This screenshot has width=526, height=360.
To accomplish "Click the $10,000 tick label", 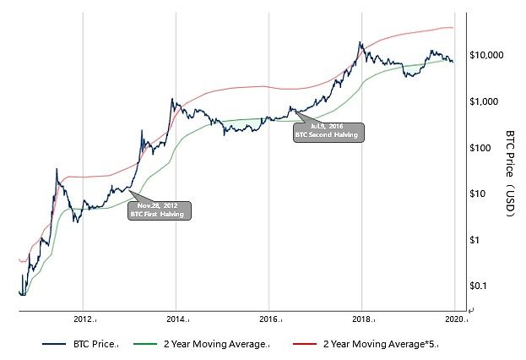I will click(x=486, y=56).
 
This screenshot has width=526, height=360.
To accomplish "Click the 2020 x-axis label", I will click(x=454, y=319).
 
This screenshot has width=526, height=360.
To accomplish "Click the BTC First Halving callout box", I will click(x=160, y=210).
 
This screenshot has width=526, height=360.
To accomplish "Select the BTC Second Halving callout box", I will click(x=328, y=130).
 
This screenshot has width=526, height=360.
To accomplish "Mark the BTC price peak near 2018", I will click(x=361, y=42).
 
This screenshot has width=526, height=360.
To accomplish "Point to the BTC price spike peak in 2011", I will click(x=57, y=169).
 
